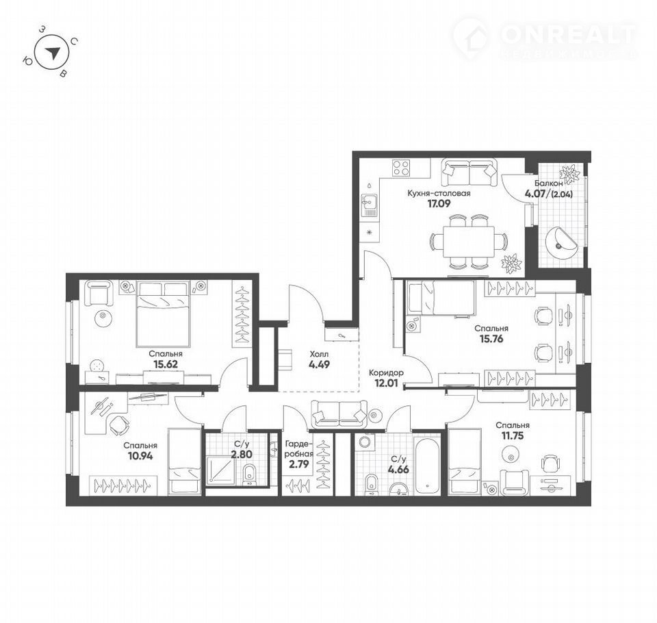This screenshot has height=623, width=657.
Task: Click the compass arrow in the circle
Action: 53,53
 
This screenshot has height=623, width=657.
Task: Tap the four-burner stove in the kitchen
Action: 401,168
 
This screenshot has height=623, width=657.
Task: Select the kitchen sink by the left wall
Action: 369,205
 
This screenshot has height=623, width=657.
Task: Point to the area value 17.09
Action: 439,204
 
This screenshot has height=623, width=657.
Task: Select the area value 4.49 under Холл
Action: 319,364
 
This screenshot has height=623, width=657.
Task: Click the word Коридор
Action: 386,372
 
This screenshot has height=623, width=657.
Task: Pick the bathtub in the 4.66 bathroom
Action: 427,466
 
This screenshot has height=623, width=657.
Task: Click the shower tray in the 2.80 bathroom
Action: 221,470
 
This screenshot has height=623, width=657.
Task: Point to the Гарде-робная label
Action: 299,448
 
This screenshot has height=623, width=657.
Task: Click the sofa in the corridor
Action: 339,413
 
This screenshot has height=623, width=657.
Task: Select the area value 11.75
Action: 513,435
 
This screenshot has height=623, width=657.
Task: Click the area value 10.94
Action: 140,455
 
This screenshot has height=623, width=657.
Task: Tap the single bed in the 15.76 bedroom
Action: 441,298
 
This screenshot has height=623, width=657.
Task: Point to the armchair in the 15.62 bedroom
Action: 99,292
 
